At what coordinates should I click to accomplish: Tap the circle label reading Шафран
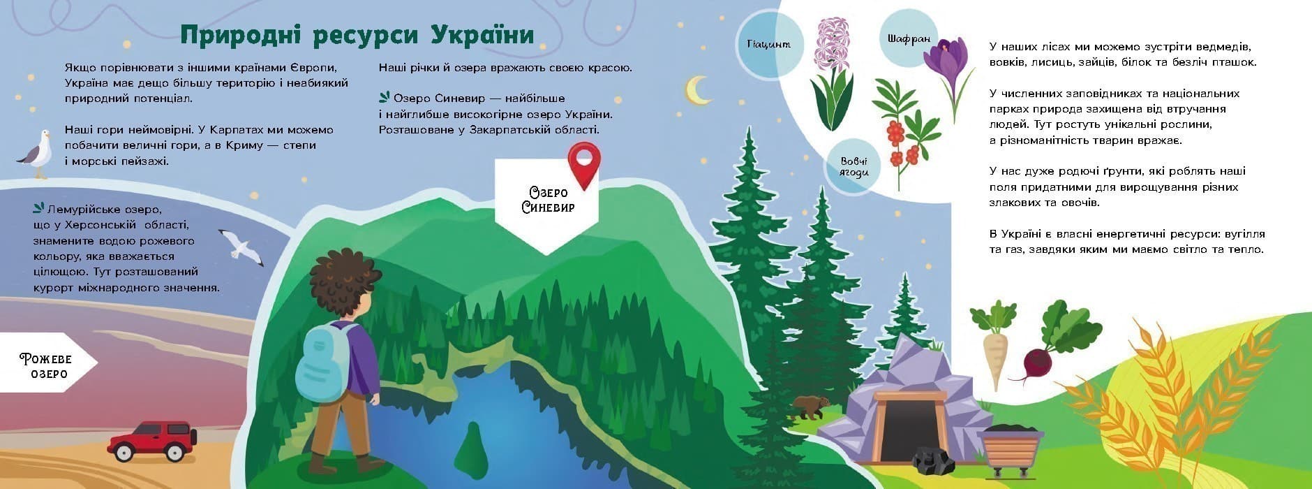(909, 39)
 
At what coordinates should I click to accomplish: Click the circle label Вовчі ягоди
(853, 168)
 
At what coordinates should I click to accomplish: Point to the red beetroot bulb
(1037, 362)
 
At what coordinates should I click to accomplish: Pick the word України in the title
(482, 35)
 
